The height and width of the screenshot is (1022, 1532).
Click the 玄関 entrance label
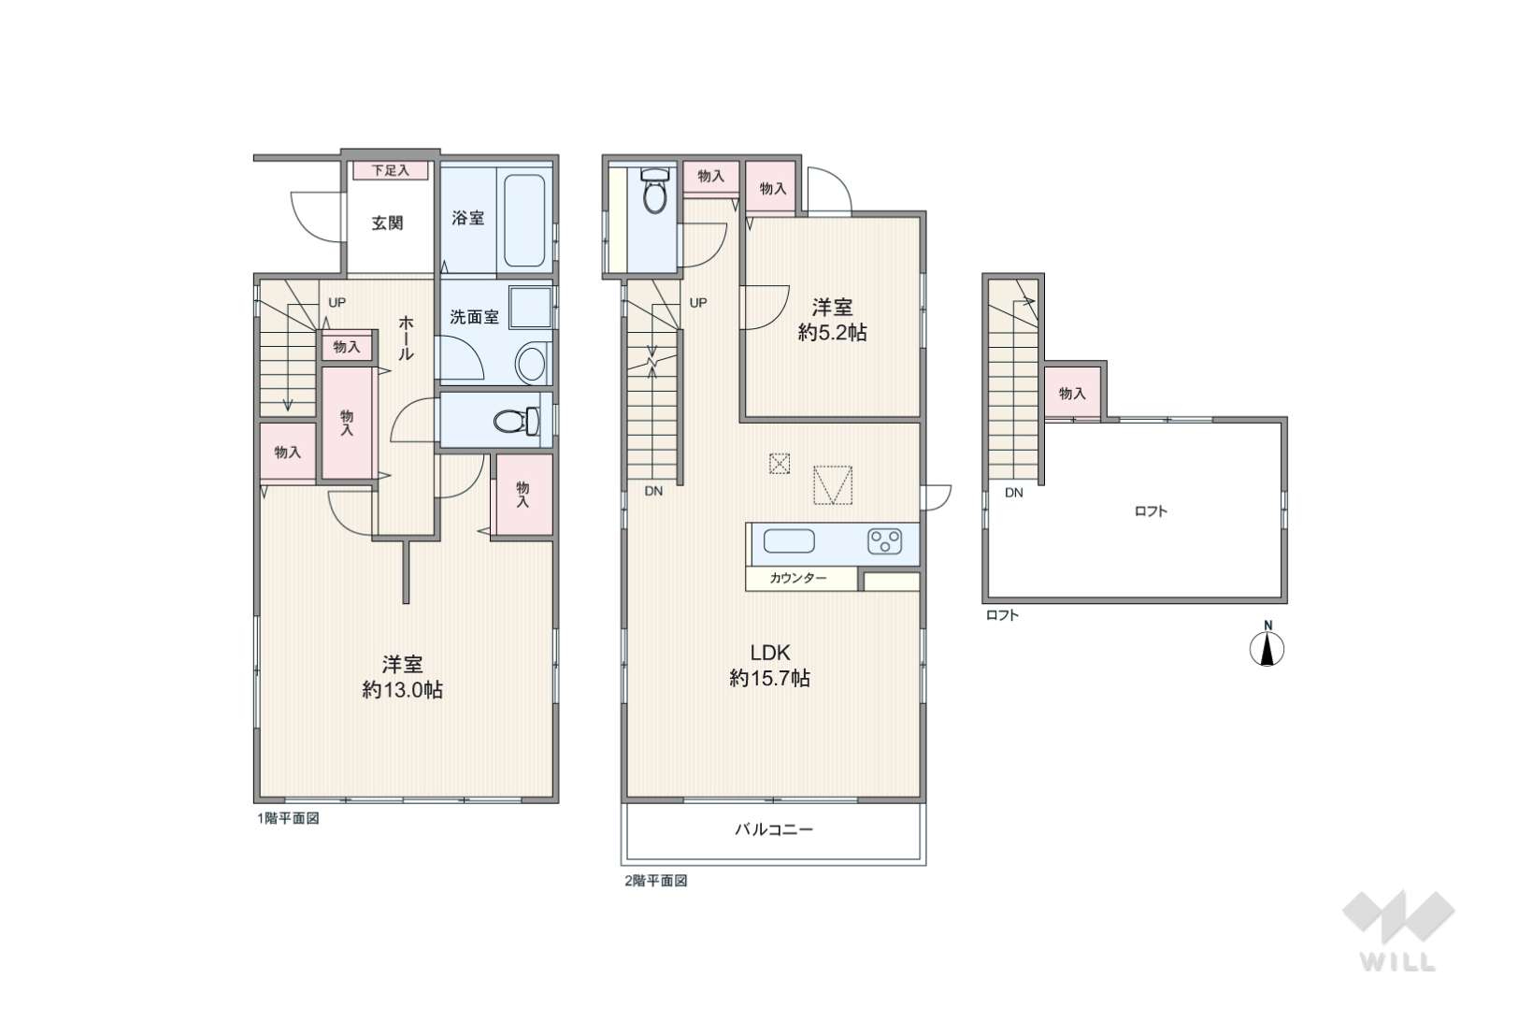[x=387, y=223]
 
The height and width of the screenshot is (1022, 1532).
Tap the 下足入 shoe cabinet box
[x=391, y=170]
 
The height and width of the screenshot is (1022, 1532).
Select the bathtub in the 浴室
[x=524, y=221]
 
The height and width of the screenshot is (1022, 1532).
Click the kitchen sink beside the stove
[x=789, y=541]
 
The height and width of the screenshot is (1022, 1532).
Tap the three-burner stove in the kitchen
[x=884, y=541]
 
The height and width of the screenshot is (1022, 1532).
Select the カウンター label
[x=797, y=578]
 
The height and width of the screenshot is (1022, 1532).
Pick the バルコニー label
[x=774, y=829]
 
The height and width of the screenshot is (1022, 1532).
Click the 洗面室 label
[x=474, y=317]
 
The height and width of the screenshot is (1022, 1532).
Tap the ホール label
[x=406, y=338]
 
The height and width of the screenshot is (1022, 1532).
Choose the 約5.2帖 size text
[x=832, y=333]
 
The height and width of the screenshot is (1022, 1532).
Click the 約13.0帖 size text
[x=402, y=690]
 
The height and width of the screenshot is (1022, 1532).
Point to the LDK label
[x=770, y=652]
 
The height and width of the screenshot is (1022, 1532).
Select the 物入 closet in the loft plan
[x=1072, y=393]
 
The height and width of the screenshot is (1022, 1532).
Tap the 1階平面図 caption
[x=288, y=818]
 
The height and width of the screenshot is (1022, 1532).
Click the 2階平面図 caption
[x=656, y=881]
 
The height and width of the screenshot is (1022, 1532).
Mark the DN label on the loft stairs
[x=1013, y=493]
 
